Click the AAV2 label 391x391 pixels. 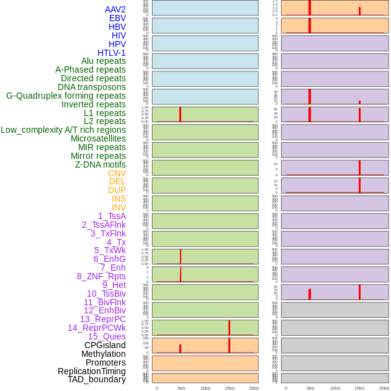[115, 9]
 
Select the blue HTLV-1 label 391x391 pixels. [111, 53]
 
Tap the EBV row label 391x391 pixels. [117, 18]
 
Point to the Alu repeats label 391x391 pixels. [103, 61]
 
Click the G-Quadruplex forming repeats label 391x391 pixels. [66, 96]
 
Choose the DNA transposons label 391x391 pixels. [91, 87]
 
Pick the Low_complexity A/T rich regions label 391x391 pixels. [63, 130]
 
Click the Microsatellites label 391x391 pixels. [98, 138]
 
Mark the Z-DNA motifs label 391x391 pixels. [100, 164]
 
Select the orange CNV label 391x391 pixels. [117, 173]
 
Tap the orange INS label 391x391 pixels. [119, 199]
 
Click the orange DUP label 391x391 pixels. [117, 190]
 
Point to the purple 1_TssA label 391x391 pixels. [112, 216]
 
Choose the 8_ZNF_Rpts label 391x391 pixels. [101, 276]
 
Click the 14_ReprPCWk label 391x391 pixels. [96, 328]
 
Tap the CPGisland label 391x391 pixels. [105, 345]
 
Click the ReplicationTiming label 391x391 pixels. [91, 371]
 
